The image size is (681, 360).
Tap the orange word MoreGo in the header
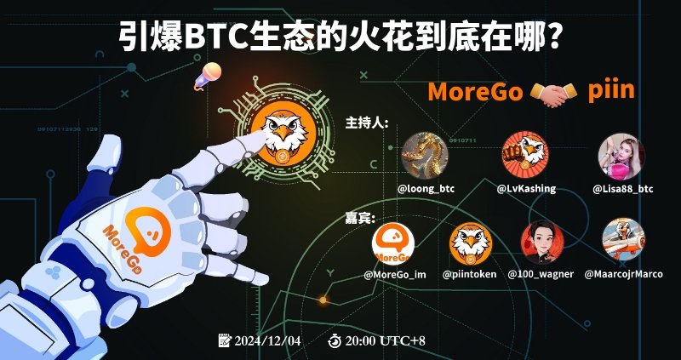point(474,91)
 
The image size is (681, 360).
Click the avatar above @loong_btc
point(425,156)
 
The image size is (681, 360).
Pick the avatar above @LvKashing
point(525,156)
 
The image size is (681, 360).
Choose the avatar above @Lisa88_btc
point(622,156)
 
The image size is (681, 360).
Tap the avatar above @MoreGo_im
point(393,243)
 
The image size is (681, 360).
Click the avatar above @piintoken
point(470,243)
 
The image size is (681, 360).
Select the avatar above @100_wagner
point(541,243)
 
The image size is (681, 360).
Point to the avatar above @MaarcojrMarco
point(623,242)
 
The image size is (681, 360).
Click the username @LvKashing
point(526,188)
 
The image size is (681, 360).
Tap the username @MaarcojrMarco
point(624,274)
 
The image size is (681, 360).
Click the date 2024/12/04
point(266,340)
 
